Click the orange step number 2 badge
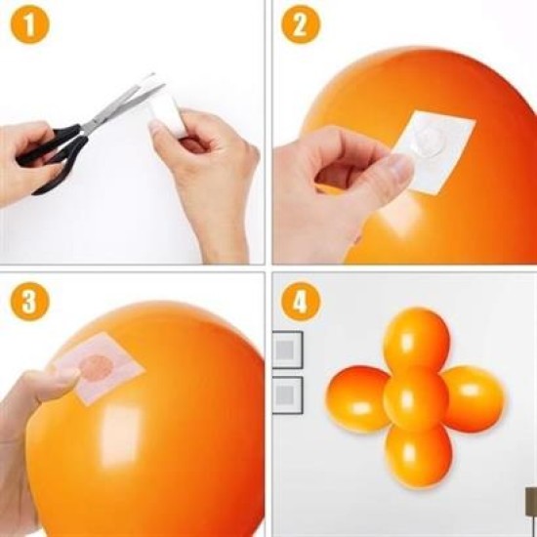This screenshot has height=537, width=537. coord(301,26)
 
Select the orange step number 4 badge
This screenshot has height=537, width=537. coord(301,300)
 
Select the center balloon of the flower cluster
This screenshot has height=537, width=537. coord(415,397)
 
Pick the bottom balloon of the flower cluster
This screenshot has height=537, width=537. coord(417,450)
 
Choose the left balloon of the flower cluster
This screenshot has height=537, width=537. coord(359,398)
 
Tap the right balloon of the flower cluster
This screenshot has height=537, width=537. coord(474,397)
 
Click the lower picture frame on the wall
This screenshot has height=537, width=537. coord(287,393)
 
